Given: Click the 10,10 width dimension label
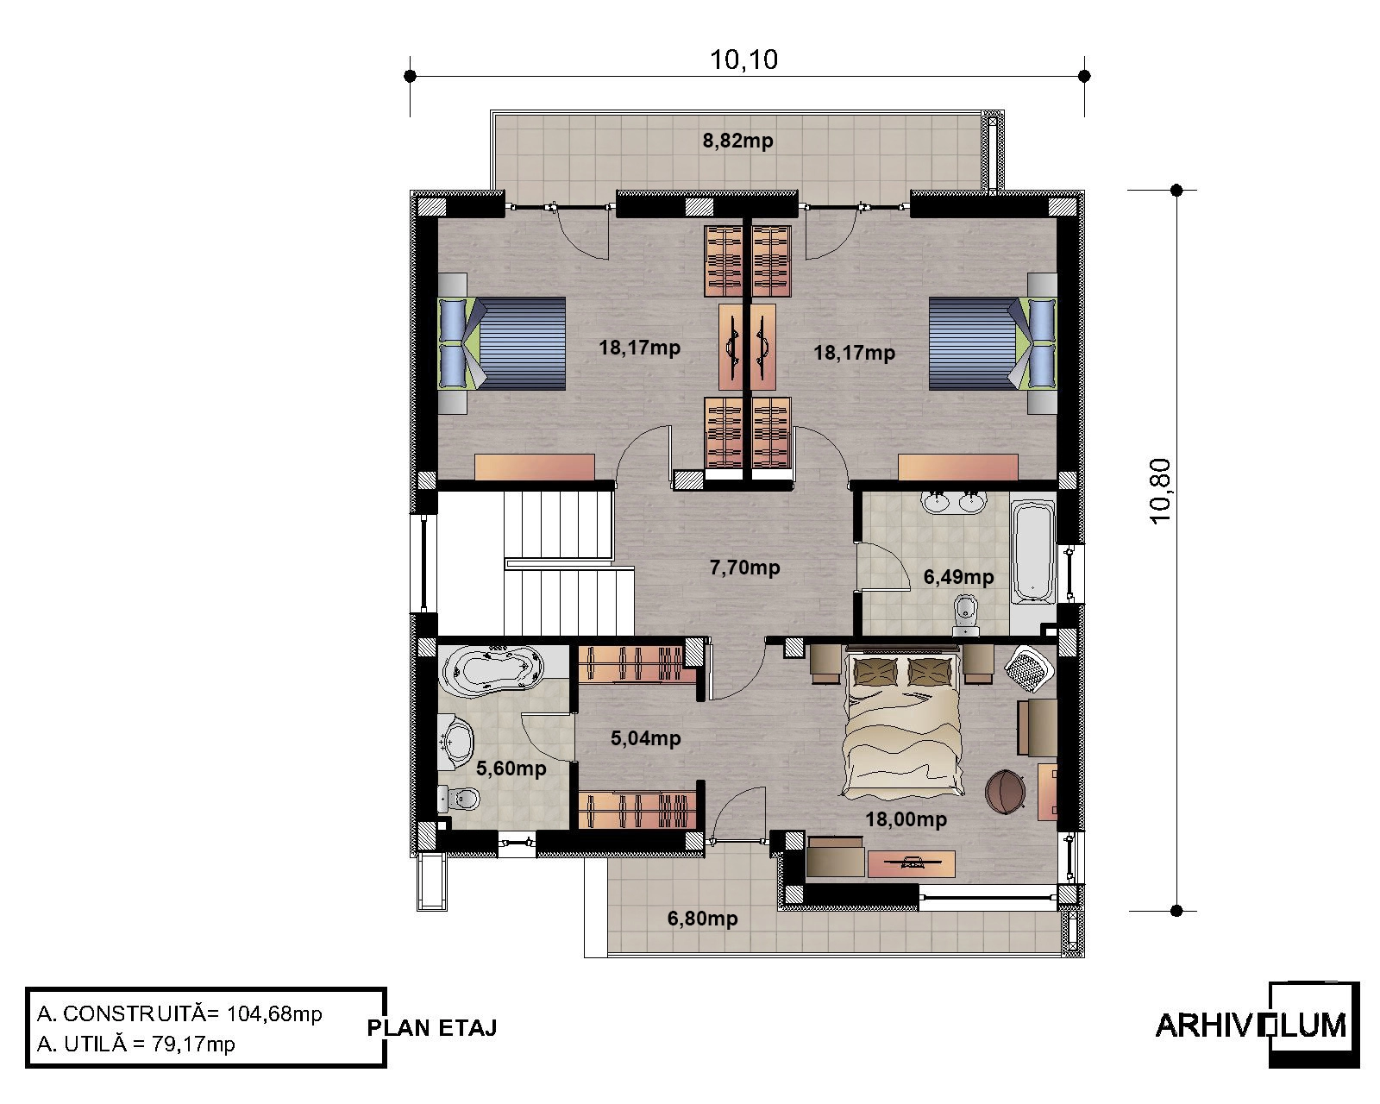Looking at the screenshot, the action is point(743,60).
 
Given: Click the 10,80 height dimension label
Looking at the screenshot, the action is point(1161,492).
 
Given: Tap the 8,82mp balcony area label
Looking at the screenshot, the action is point(737,141).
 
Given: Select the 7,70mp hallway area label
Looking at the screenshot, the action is point(744,568).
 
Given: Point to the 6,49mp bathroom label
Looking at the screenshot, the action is point(958,577).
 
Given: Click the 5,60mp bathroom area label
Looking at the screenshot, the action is point(511,768).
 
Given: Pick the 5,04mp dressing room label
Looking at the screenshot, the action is point(645,738).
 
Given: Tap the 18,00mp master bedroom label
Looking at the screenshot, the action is point(906,819).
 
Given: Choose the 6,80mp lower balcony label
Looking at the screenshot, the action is point(702,919).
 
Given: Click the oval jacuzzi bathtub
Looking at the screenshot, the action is point(492,671).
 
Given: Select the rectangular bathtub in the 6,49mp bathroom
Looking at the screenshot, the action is point(1033,552).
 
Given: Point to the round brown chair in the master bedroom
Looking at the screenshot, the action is point(1005,792).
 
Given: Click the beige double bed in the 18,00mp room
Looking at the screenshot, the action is point(902,723).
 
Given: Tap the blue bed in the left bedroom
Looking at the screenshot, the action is point(501,343).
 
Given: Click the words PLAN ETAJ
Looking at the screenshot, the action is point(431,1028).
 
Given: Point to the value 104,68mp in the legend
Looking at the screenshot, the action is point(274,1013).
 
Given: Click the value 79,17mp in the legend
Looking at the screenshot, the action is point(194,1044).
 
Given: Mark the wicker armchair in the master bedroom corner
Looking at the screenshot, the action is point(1030,668).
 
